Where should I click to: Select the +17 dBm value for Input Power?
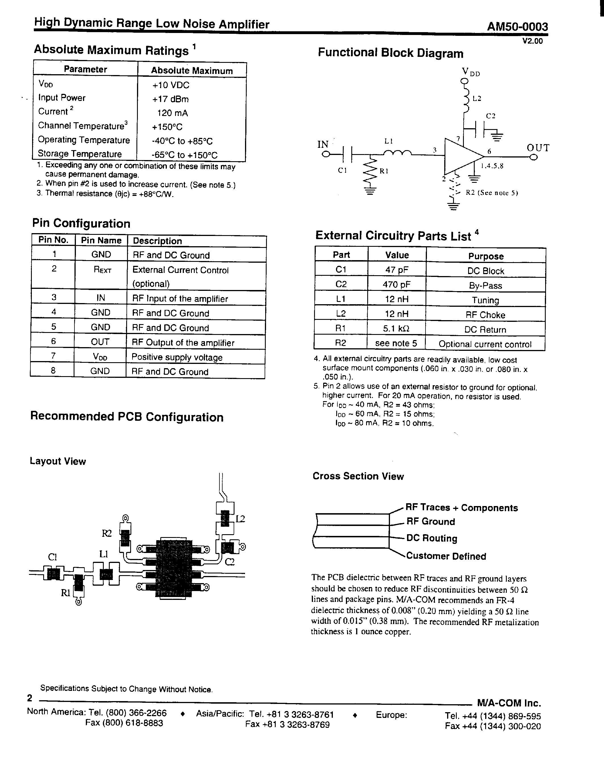pos(170,99)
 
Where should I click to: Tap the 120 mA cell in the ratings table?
pos(173,113)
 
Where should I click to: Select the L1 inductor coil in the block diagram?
pos(397,153)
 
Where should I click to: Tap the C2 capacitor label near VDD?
pos(491,116)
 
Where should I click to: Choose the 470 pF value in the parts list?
pos(397,284)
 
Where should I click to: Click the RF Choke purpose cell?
pos(485,315)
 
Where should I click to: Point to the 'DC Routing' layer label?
pos(431,538)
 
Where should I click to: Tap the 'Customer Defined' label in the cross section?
pos(446,556)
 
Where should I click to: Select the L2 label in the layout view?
pos(240,519)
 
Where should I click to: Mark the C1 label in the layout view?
pos(52,557)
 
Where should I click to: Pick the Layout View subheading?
pos(58,461)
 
